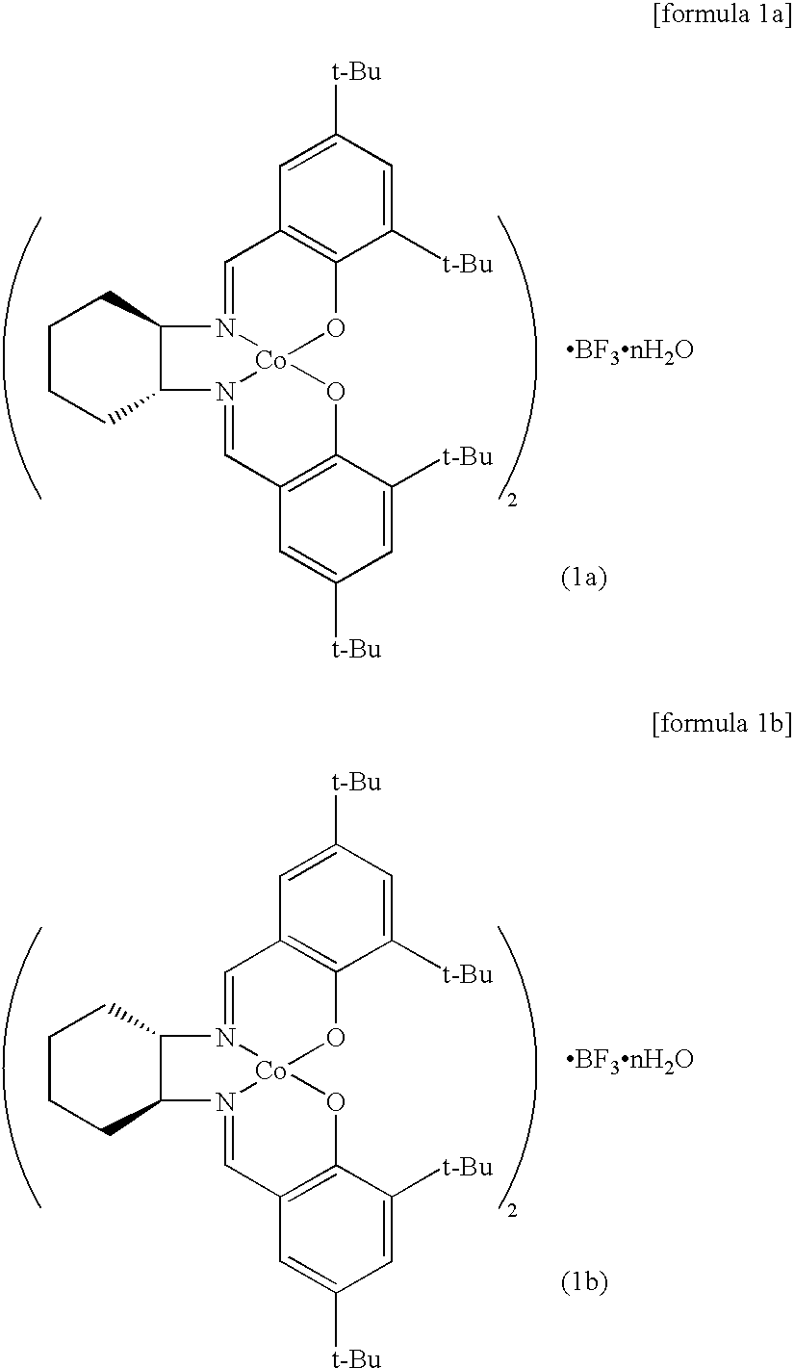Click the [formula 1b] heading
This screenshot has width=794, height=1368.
coord(721,723)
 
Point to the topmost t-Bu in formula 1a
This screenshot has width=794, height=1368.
coord(356,74)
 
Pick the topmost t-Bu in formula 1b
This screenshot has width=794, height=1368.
coord(356,783)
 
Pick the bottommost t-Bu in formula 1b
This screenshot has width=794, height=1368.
coord(356,1358)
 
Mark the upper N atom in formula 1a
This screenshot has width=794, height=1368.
coord(225,329)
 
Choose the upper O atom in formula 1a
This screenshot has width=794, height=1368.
coord(335,329)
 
